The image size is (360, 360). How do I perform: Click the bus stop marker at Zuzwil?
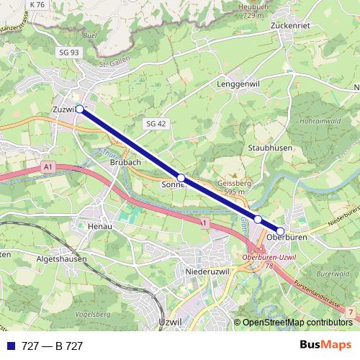80,109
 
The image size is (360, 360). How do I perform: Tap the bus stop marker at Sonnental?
181,178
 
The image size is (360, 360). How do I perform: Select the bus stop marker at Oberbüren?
280,231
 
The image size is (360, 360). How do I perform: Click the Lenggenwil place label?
236,84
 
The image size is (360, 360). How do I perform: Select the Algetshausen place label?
61,258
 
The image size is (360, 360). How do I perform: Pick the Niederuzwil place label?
207,272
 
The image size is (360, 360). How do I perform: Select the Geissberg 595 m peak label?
232,187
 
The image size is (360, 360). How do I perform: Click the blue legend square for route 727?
10,346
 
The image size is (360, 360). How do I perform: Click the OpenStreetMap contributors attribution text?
297,322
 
